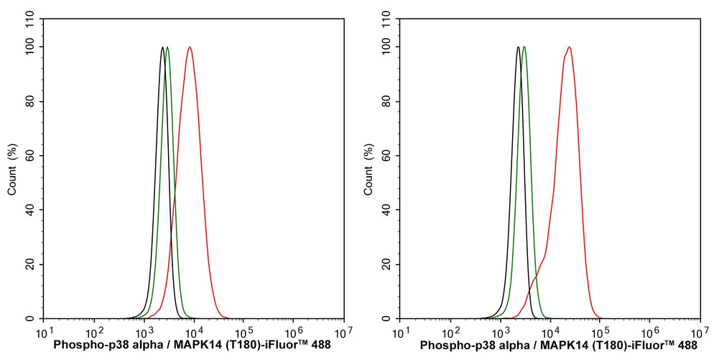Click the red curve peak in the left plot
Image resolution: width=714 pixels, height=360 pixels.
[x=190, y=47]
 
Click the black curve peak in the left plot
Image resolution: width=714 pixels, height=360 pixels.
[x=163, y=47]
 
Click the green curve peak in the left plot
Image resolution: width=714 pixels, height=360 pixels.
[x=167, y=47]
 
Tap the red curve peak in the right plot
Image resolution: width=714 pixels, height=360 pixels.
[x=569, y=47]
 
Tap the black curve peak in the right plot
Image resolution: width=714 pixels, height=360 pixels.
[x=518, y=47]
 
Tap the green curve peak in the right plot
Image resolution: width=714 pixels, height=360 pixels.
[x=524, y=47]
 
